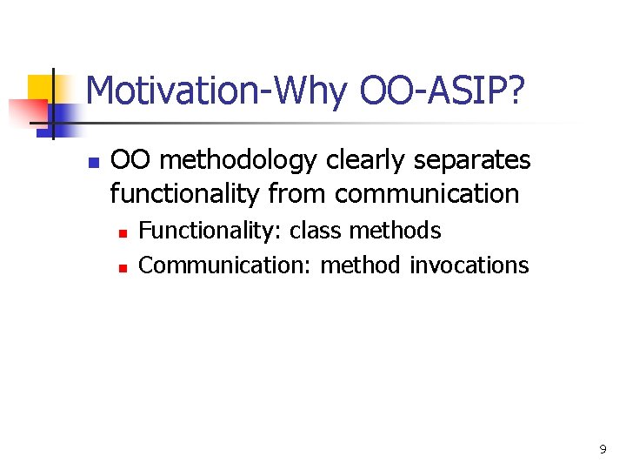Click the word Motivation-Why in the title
click(x=216, y=91)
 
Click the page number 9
click(x=603, y=449)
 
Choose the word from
click(x=297, y=193)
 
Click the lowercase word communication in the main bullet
click(x=426, y=193)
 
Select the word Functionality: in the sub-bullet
click(x=210, y=231)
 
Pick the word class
click(x=315, y=231)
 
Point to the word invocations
click(x=469, y=265)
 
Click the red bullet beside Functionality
click(x=123, y=233)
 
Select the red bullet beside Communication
click(x=123, y=267)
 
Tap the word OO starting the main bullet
click(x=130, y=161)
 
